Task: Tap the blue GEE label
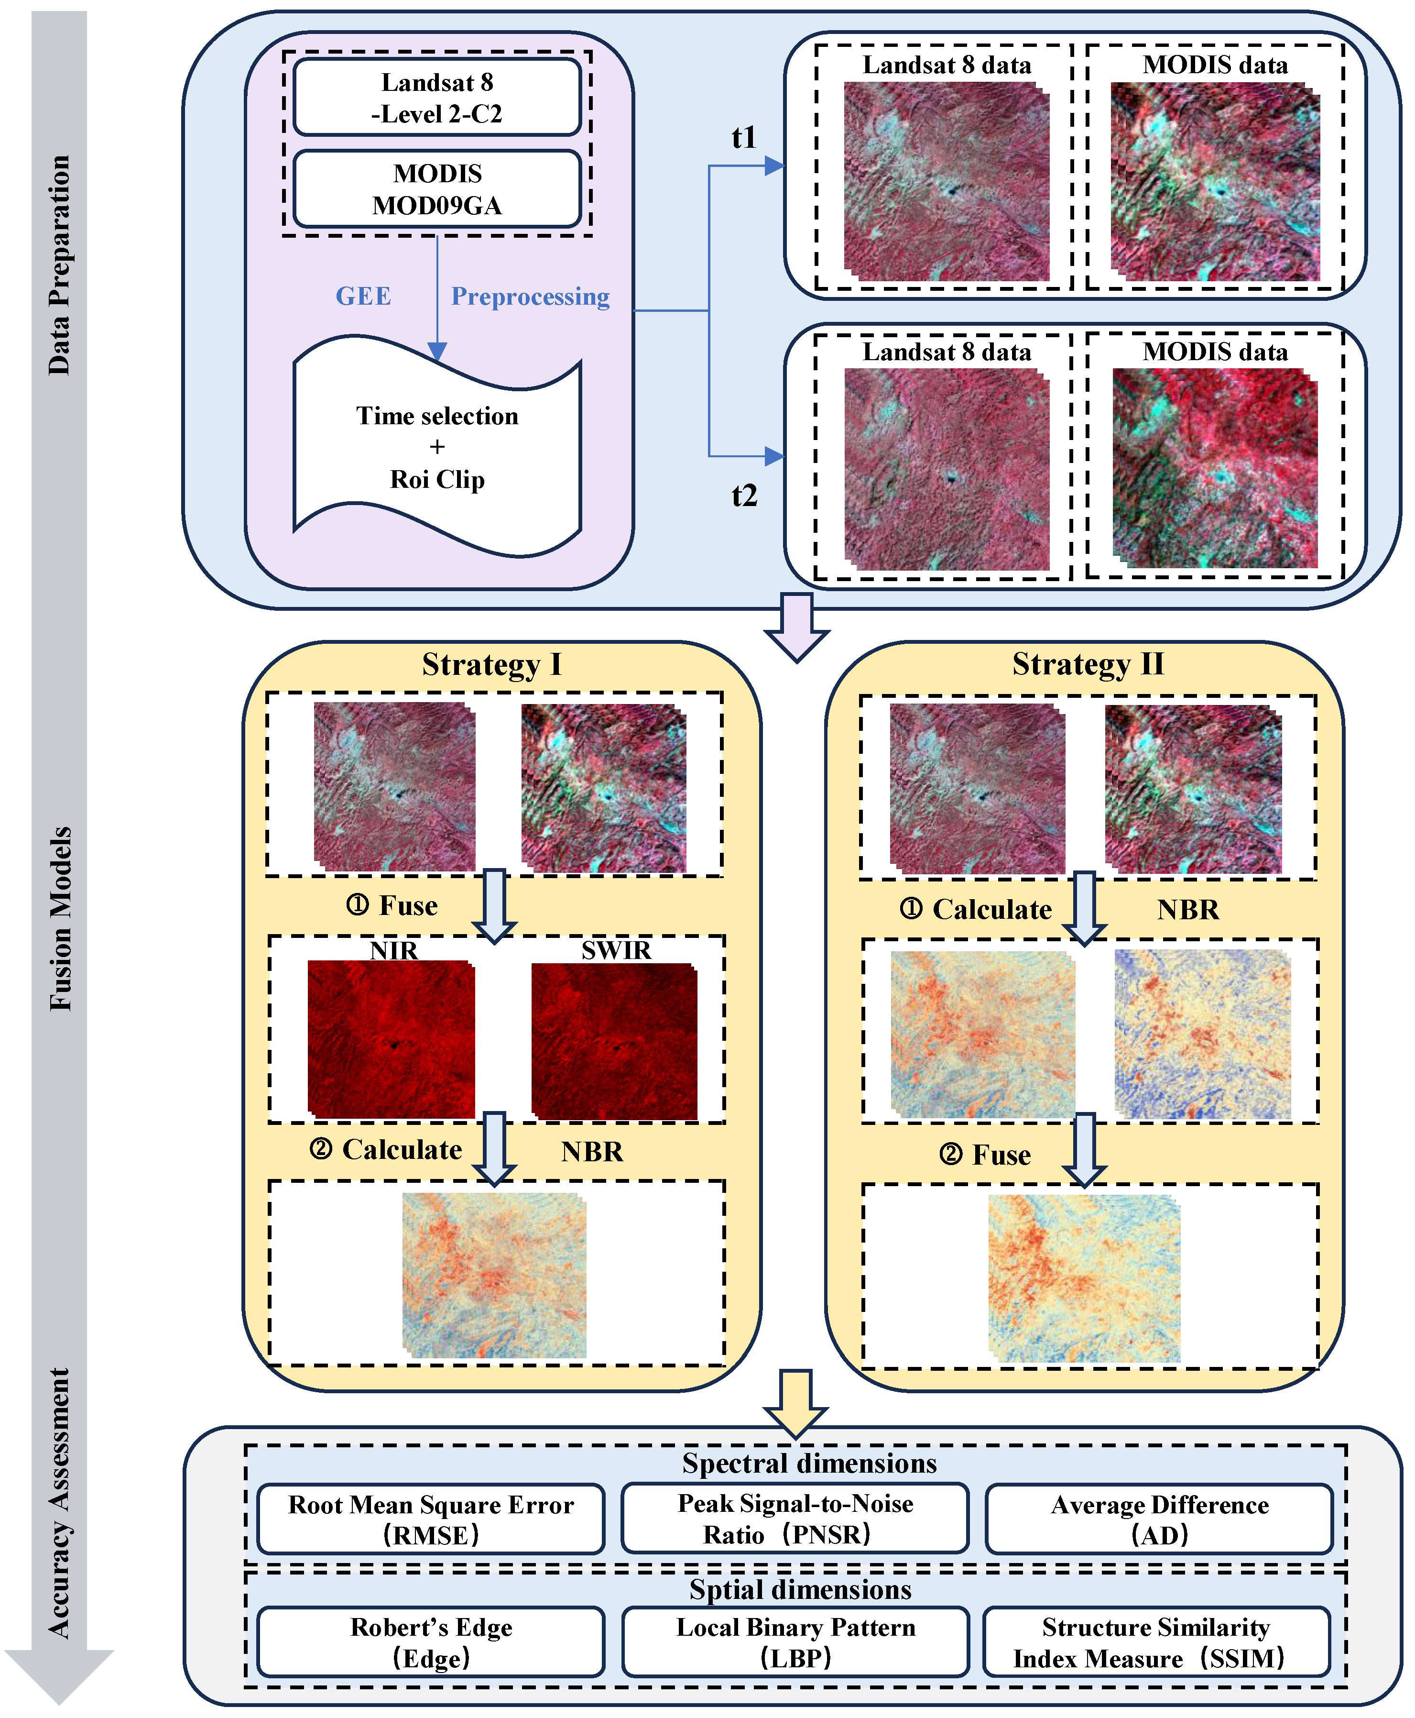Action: click(363, 296)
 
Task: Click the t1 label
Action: click(743, 137)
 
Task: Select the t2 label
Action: click(743, 495)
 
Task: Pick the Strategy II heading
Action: click(1088, 664)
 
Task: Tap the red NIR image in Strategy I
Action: click(391, 1040)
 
